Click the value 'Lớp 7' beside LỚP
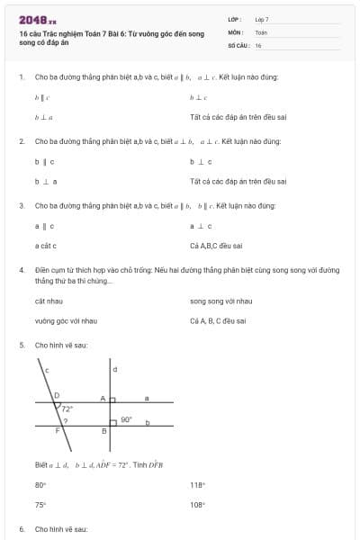(262, 19)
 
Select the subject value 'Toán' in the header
(261, 31)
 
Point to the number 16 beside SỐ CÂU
(258, 45)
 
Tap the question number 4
(21, 269)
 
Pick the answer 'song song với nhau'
(220, 301)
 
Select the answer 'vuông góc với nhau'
(65, 320)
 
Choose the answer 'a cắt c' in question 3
(46, 245)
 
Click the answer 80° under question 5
(40, 484)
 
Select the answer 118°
(198, 484)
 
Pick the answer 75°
(40, 505)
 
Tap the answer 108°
(198, 505)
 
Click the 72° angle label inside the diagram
(67, 409)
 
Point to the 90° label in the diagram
(126, 419)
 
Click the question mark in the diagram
(65, 421)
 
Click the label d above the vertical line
(114, 369)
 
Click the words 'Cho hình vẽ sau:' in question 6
(60, 529)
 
